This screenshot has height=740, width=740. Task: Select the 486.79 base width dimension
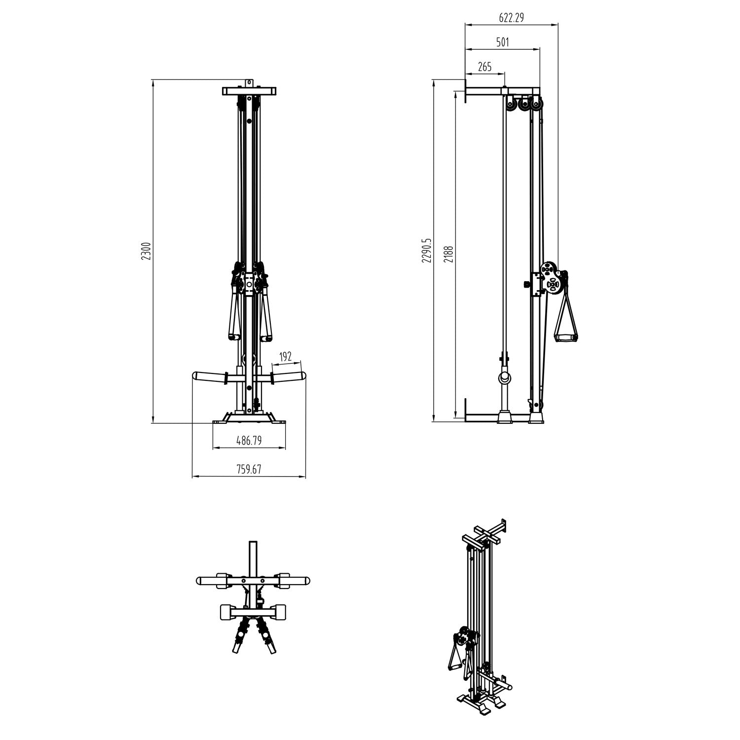click(249, 441)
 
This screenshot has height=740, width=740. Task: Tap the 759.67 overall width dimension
click(249, 470)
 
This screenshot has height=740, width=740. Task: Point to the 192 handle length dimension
click(286, 357)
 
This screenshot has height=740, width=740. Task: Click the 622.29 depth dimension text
click(511, 18)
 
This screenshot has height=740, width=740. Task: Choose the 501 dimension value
click(502, 42)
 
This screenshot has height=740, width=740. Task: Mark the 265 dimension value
click(485, 67)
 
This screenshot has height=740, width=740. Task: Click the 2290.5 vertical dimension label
click(427, 251)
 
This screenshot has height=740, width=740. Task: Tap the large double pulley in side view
click(550, 278)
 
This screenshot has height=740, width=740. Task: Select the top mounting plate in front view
click(249, 91)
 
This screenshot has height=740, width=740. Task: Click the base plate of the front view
click(249, 422)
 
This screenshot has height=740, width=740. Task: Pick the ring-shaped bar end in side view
click(506, 378)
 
